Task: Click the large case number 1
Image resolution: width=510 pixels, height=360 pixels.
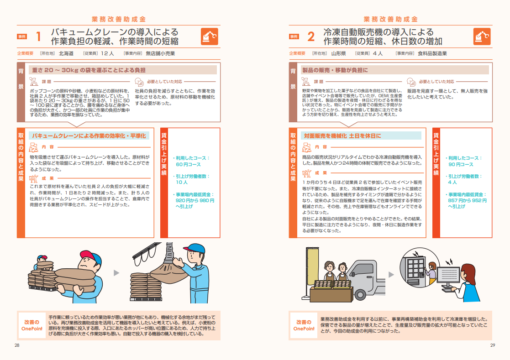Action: pos(38,37)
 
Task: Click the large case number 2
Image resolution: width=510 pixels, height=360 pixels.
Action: pos(311,37)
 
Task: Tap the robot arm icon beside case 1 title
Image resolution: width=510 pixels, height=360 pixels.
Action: pos(210,37)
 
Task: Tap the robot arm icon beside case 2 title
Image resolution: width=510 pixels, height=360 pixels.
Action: pos(482,37)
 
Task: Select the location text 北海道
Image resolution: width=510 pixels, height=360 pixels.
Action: pos(66,53)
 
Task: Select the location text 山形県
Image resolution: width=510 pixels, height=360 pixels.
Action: pos(338,53)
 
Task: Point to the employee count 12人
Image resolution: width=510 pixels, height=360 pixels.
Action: pos(107,53)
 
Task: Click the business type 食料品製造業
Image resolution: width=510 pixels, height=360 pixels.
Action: pos(432,53)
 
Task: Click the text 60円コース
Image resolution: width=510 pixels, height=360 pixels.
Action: pos(188,164)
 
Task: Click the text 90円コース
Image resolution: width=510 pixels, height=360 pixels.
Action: pos(461,164)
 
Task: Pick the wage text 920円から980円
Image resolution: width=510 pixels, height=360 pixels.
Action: pos(195,200)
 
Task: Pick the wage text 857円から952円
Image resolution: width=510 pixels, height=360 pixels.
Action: pos(468,200)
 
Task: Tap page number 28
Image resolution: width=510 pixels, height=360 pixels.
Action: pos(17,345)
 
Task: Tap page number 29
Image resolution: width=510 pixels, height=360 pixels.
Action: pos(493,345)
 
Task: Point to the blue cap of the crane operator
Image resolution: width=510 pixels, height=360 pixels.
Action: pos(195,248)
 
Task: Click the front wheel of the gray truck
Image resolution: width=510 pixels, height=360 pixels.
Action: pos(360,295)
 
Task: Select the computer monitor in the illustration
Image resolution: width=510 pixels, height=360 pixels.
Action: pos(448,276)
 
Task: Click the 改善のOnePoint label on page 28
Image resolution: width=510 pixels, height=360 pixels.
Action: pos(32,325)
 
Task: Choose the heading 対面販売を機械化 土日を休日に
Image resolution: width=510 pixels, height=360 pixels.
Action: pos(342,136)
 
